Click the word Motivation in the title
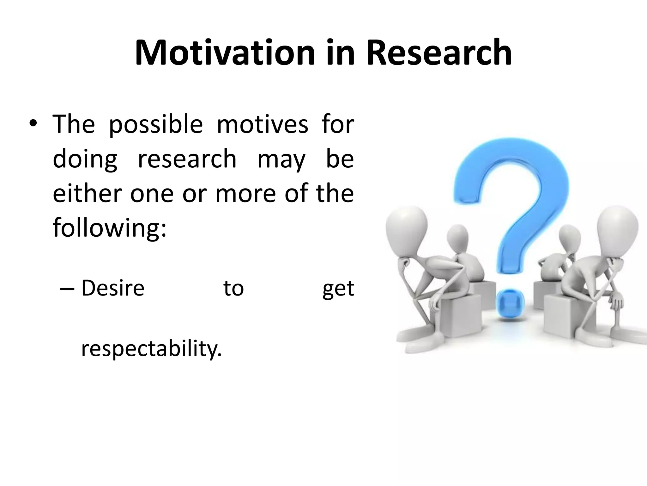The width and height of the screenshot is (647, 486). coord(224,53)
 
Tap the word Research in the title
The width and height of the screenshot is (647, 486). coord(439,53)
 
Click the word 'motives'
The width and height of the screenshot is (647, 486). coord(262,124)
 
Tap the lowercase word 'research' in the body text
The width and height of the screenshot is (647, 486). coord(187,159)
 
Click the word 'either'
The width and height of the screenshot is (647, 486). coord(87,193)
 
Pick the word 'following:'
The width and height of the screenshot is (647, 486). coord(109,228)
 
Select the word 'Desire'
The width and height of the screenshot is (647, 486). coord(113,288)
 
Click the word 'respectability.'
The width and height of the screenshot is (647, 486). coord(151,349)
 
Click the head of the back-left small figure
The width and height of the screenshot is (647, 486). coord(457,237)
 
